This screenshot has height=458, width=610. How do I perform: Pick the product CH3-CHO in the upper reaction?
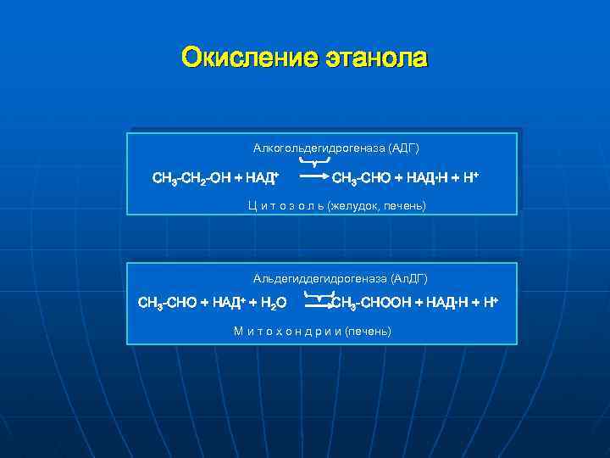(361, 178)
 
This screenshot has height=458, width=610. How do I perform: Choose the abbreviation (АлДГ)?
(410, 278)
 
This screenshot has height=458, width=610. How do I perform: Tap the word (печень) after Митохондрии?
(369, 331)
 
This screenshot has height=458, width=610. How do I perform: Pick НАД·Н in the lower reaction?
(446, 302)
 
